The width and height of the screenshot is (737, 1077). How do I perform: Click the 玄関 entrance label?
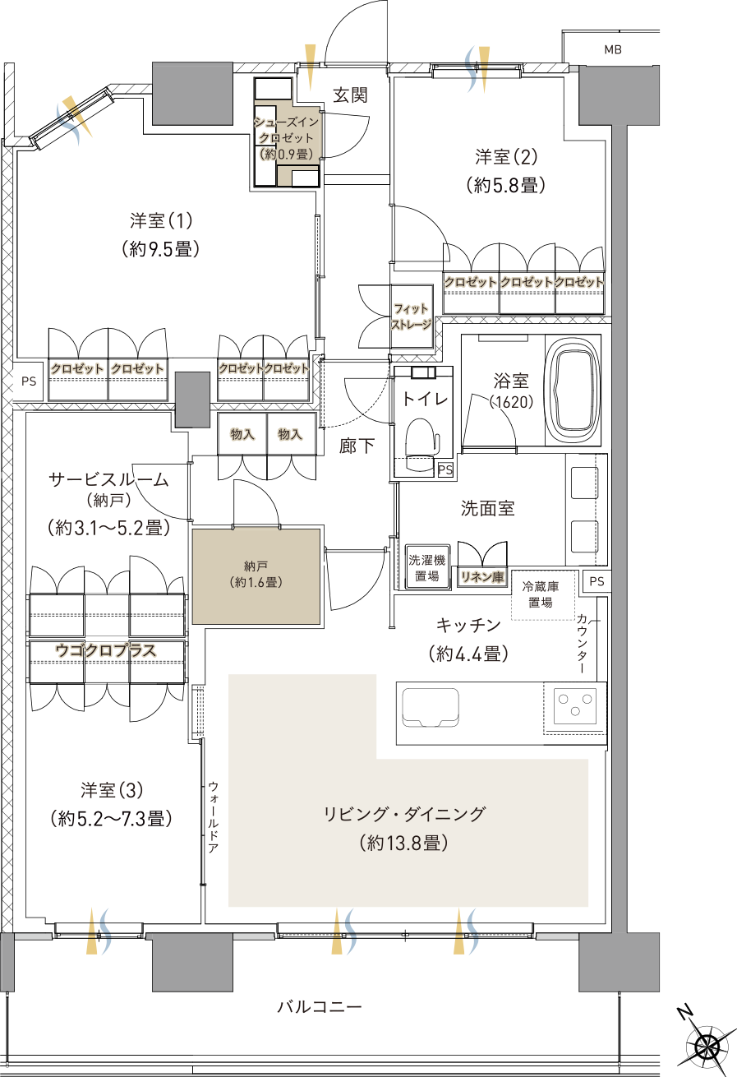click(350, 95)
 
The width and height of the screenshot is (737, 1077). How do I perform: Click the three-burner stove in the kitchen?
click(574, 705)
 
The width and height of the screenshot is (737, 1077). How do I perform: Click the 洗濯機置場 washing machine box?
click(426, 566)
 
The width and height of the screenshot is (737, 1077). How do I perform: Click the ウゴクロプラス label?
click(105, 650)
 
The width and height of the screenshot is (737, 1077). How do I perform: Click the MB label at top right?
click(613, 50)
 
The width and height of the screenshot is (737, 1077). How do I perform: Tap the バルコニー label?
click(319, 1005)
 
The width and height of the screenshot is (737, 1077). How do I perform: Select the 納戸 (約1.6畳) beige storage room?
click(256, 575)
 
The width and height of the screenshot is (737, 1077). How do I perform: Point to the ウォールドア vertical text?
click(213, 818)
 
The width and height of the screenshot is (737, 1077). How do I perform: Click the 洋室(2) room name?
click(506, 156)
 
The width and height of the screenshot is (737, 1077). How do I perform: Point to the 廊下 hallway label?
click(357, 446)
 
